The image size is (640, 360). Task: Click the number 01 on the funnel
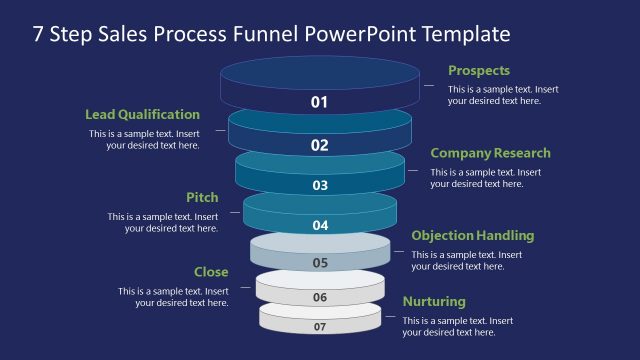click(320, 102)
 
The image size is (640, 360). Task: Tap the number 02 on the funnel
click(320, 145)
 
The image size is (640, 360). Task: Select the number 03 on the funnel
click(320, 185)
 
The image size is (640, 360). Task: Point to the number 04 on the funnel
click(320, 225)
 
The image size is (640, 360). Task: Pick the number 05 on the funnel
click(320, 263)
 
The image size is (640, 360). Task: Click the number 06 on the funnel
click(320, 297)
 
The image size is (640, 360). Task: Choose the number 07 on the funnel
click(320, 326)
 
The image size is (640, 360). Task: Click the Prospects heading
click(479, 71)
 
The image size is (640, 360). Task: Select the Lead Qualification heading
click(142, 114)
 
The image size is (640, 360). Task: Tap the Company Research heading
click(490, 153)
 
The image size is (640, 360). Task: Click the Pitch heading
click(202, 198)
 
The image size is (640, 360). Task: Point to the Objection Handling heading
click(473, 236)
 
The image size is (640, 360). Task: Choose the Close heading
click(211, 272)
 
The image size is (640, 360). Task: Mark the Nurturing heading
click(434, 301)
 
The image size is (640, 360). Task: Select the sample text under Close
click(173, 297)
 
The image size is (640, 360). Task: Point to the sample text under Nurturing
click(458, 326)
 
